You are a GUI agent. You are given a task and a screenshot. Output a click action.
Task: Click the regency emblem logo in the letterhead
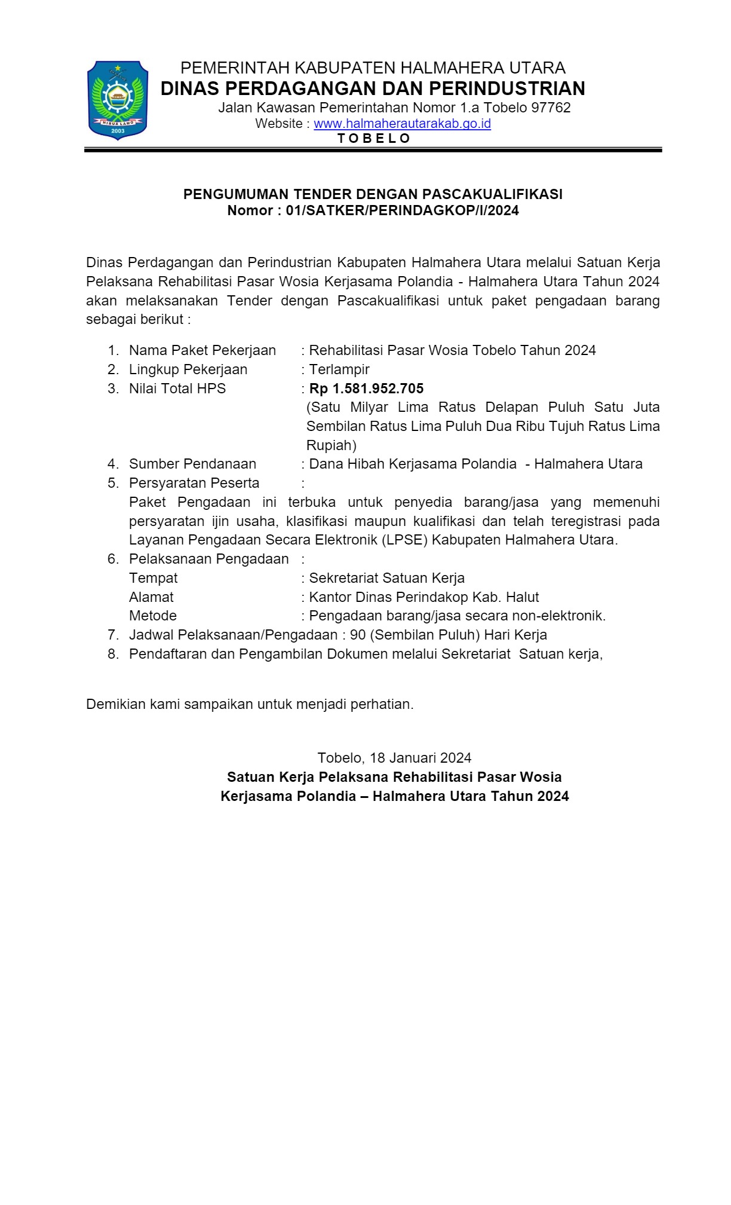pyautogui.click(x=118, y=100)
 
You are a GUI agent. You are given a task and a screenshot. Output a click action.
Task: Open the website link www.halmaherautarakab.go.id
pyautogui.click(x=402, y=124)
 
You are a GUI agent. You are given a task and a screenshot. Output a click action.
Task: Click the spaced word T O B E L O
pyautogui.click(x=374, y=139)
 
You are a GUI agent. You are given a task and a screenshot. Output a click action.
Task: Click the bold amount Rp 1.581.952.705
pyautogui.click(x=366, y=389)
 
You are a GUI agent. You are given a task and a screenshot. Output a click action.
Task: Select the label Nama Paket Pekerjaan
pyautogui.click(x=202, y=350)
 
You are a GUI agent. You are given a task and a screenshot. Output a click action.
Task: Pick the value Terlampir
pyautogui.click(x=339, y=369)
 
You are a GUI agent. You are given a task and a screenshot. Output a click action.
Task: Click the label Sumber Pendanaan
pyautogui.click(x=192, y=464)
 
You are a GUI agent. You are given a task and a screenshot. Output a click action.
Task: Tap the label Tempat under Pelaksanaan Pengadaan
pyautogui.click(x=153, y=578)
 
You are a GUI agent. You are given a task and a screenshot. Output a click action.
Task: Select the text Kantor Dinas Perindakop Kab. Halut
pyautogui.click(x=423, y=597)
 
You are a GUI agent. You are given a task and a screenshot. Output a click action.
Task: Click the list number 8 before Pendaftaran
pyautogui.click(x=113, y=654)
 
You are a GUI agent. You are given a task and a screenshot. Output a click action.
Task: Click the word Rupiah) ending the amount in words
pyautogui.click(x=331, y=445)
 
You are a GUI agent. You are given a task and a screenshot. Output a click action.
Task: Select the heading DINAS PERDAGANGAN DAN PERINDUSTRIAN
pyautogui.click(x=373, y=88)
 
